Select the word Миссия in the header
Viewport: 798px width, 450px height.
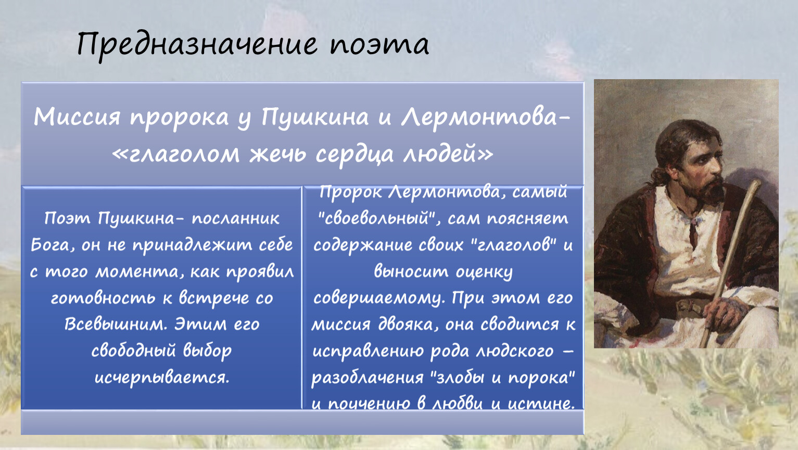click(x=77, y=117)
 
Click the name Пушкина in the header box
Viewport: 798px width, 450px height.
click(x=315, y=118)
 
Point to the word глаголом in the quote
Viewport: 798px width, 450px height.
click(x=184, y=154)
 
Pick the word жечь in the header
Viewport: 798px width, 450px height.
click(x=277, y=154)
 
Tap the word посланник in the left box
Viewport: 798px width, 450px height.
click(x=235, y=219)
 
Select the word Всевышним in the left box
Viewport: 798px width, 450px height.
click(x=116, y=324)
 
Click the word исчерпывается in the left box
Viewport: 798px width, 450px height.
click(x=162, y=378)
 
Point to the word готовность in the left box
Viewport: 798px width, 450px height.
click(x=103, y=298)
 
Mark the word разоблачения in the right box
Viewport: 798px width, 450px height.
click(x=368, y=378)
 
